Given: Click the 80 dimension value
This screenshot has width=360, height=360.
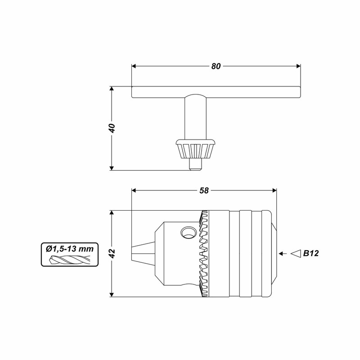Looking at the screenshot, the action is [216, 66].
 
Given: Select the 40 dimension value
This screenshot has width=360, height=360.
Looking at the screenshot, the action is [112, 128].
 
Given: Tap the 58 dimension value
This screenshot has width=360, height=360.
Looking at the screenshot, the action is [204, 190].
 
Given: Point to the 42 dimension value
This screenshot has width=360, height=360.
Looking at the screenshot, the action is [112, 253].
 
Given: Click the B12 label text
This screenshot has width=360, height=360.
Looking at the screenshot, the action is [311, 253].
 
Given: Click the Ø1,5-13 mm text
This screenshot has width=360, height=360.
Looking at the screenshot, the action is [70, 249].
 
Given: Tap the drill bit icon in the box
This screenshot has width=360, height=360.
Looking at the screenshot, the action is [70, 260].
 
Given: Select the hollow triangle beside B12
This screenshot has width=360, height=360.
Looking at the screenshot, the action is [296, 253].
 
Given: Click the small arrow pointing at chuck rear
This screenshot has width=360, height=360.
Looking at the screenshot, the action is [283, 253].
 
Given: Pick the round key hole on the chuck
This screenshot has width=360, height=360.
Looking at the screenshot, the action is [189, 232].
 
